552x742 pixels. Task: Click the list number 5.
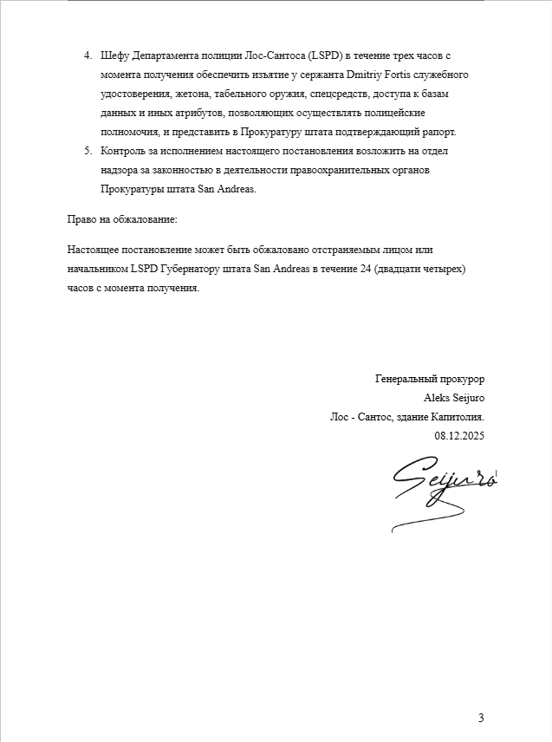(87, 152)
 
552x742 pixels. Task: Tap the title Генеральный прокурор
(429, 380)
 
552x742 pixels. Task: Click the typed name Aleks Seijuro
(454, 399)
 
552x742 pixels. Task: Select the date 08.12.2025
(459, 437)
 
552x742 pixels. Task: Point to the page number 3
(481, 717)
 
